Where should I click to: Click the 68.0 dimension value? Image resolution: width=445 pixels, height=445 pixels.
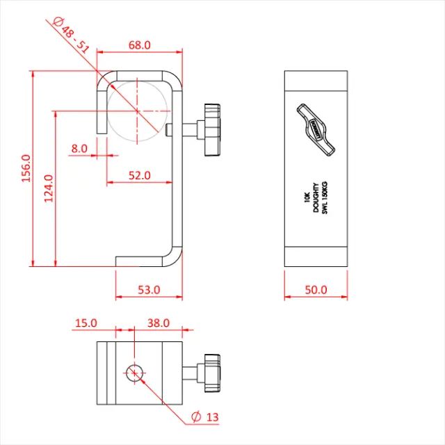[x=139, y=45]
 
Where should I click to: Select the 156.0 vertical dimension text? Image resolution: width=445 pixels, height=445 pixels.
[x=26, y=168]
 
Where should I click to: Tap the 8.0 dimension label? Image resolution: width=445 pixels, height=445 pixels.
[x=79, y=148]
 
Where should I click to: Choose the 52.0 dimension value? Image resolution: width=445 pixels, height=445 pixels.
[x=139, y=175]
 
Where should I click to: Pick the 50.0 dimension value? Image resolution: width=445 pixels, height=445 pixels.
[x=316, y=289]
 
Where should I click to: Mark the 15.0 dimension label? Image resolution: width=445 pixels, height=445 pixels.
[x=86, y=323]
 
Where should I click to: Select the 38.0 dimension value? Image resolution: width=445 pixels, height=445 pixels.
[x=158, y=323]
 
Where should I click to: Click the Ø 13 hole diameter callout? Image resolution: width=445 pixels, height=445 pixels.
[x=205, y=416]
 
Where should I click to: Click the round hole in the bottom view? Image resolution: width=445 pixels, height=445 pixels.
[x=136, y=372]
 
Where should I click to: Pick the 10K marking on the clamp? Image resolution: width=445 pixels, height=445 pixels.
[x=306, y=197]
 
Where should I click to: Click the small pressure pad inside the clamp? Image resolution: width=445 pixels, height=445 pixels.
[x=171, y=130]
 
